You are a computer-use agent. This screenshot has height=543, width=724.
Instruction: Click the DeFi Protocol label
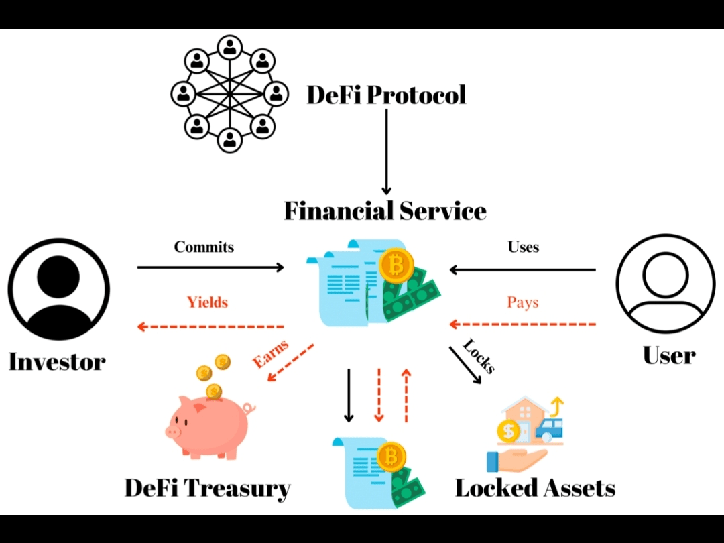tap(386, 95)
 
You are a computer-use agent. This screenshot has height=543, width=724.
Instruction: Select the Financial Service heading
tap(385, 210)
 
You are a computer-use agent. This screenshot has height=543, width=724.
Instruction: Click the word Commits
tap(204, 247)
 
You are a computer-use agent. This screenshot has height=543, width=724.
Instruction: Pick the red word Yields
tap(207, 302)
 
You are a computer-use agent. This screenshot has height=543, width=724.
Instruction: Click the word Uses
tap(523, 247)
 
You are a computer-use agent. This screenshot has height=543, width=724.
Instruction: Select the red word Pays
tap(523, 302)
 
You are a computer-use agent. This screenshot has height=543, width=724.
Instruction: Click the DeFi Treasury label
tap(207, 488)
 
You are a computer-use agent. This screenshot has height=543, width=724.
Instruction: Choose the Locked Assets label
tap(535, 488)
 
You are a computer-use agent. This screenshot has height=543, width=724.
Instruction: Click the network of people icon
tap(229, 94)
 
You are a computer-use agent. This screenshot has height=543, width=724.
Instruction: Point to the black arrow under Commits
tap(210, 267)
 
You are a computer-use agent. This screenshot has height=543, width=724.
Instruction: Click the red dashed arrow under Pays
tap(522, 324)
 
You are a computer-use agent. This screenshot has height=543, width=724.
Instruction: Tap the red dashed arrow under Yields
tap(210, 326)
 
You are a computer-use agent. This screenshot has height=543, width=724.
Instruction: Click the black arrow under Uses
tap(522, 269)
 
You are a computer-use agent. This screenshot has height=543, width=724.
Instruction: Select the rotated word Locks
tap(479, 356)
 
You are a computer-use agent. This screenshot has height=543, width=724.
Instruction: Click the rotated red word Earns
tap(270, 354)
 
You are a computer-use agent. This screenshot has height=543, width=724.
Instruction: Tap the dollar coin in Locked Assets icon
tap(509, 432)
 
